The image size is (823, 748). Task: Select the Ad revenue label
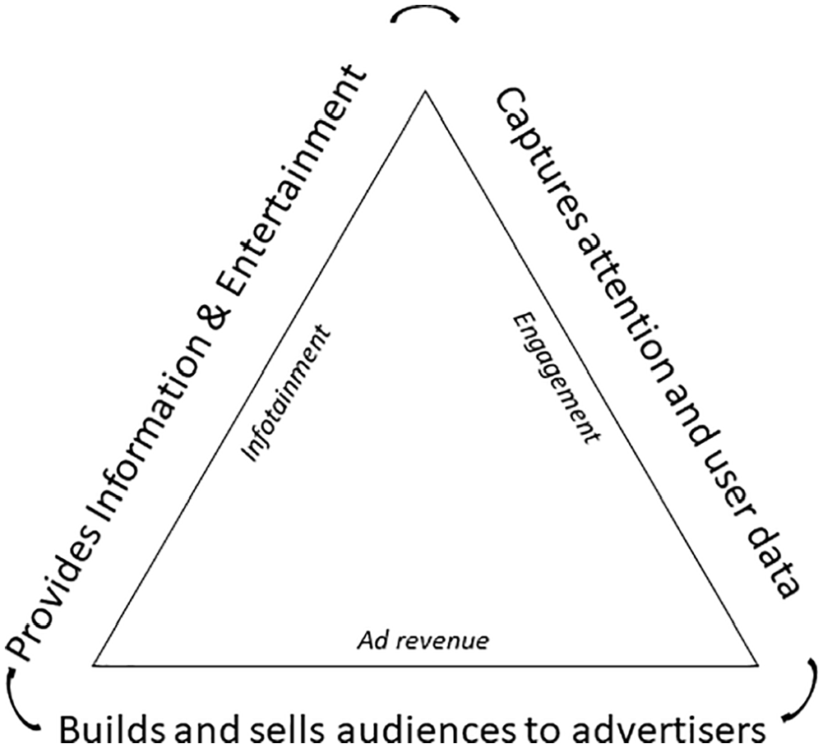coord(423,641)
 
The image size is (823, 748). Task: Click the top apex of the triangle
coord(424,91)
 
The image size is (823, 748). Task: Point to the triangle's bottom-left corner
coord(94,665)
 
